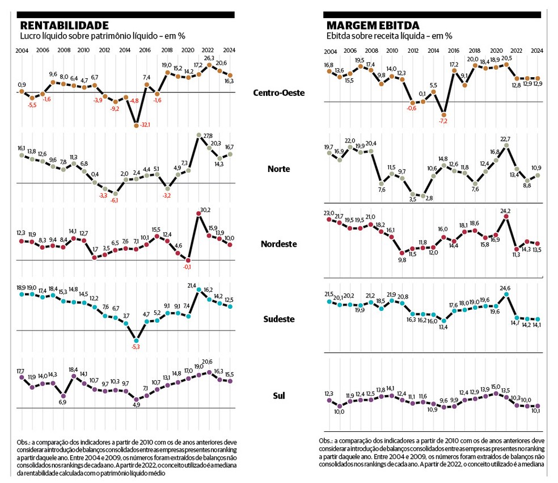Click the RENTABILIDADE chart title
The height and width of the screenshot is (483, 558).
tap(64, 26)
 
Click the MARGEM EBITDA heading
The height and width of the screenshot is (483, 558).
tap(373, 26)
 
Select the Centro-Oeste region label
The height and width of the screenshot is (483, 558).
tap(279, 92)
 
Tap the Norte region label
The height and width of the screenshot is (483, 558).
tap(279, 169)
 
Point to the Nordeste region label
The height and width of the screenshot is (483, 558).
tap(279, 244)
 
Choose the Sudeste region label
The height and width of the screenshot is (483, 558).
tap(279, 319)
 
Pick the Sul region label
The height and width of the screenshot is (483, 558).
tap(279, 395)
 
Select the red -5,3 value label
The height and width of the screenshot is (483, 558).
tap(136, 347)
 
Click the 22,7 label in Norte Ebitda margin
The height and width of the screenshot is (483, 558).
tap(506, 139)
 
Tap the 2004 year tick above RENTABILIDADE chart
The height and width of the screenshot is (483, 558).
tap(22, 51)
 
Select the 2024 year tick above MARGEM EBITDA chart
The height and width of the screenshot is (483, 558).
tap(537, 51)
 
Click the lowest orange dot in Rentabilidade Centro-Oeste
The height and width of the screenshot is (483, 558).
tap(136, 125)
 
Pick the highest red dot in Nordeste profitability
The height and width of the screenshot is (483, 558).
tap(198, 213)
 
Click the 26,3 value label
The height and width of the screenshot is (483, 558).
tap(209, 58)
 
